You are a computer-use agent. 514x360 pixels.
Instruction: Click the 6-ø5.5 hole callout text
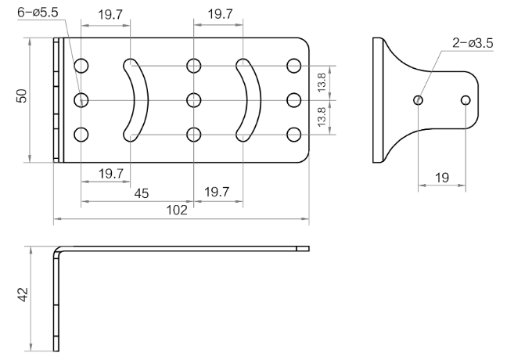tap(38, 13)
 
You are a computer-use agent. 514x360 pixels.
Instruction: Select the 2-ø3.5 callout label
tap(473, 43)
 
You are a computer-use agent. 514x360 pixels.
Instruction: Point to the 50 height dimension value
tap(22, 95)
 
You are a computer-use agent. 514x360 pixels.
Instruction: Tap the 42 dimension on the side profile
tap(23, 294)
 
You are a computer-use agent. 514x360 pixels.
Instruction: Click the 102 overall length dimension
tap(177, 210)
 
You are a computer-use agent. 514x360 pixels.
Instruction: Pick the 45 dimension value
tap(142, 193)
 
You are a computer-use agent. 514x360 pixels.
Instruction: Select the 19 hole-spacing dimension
tap(441, 178)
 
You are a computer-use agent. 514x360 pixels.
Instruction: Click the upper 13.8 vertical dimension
tap(322, 82)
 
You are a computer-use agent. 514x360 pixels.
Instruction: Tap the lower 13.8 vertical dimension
tap(322, 117)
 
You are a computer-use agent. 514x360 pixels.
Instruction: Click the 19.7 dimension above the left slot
tap(110, 14)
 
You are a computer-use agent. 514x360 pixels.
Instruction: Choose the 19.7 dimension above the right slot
tap(220, 14)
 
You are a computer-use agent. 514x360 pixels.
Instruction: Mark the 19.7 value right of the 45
tap(217, 192)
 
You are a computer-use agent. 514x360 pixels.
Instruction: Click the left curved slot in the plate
tap(141, 100)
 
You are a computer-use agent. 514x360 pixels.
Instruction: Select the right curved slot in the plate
tap(253, 100)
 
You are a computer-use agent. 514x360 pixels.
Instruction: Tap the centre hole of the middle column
tap(194, 100)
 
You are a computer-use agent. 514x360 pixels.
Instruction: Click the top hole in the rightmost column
tap(293, 66)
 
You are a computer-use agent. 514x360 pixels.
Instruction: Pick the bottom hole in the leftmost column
tap(81, 135)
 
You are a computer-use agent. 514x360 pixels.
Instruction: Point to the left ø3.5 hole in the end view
tap(419, 99)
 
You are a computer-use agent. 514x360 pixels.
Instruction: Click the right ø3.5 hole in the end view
tap(465, 99)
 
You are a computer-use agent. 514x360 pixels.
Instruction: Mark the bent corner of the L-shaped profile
tap(57, 250)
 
